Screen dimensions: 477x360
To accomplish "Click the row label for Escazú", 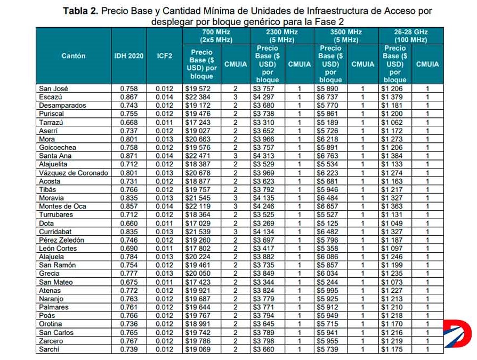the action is tap(51, 97).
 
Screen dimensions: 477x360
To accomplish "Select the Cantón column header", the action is tap(74, 56).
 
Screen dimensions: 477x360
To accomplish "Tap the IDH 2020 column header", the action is tap(128, 56).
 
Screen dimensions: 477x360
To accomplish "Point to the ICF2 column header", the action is tap(165, 56).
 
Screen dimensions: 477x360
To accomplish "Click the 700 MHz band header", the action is tap(216, 36).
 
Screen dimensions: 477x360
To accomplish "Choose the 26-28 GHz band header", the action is tap(411, 36).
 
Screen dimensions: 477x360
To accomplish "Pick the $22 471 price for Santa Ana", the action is tap(198, 156).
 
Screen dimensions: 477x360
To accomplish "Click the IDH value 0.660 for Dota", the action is tap(128, 223).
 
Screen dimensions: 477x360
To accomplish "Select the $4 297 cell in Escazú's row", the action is tap(263, 97).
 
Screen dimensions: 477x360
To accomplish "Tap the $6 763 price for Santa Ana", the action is tap(327, 156).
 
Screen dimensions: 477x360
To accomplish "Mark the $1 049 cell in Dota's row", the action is tap(392, 223).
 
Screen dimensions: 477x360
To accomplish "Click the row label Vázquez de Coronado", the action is tap(74, 173).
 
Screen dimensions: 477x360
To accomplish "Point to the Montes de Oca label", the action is tap(62, 206).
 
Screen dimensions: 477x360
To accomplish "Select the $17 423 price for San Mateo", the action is tap(198, 282).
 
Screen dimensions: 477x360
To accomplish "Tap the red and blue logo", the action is tap(457, 333).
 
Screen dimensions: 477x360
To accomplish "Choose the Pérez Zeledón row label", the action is tap(61, 240).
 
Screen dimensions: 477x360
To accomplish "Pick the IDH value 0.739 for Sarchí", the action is tap(128, 349).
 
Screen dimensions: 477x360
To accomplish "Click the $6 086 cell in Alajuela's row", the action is tap(327, 257).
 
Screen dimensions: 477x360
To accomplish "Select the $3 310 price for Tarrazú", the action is tap(263, 122).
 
